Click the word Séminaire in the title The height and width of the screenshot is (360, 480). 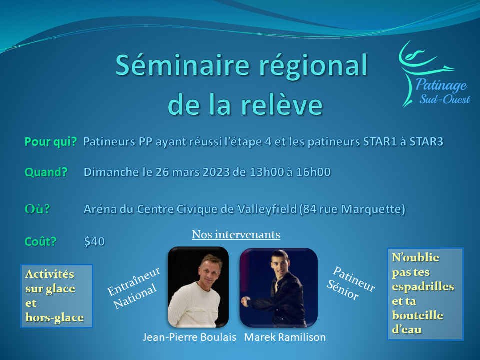(x=183, y=65)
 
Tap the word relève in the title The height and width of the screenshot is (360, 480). (x=282, y=104)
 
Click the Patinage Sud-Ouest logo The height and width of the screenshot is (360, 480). (x=434, y=74)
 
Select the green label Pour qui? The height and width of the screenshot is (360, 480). (x=51, y=142)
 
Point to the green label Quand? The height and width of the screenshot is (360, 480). (x=46, y=172)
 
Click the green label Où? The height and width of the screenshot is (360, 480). (x=37, y=209)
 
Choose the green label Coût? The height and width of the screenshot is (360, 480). (x=40, y=241)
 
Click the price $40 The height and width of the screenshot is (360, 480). (x=94, y=241)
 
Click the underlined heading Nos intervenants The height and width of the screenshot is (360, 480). (x=236, y=234)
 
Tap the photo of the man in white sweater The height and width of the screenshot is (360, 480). (x=198, y=287)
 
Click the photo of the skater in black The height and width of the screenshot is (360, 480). (x=278, y=288)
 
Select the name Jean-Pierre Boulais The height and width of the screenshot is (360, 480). (x=189, y=337)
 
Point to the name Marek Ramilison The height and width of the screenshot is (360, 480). (x=285, y=337)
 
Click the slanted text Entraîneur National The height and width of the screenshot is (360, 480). (x=134, y=288)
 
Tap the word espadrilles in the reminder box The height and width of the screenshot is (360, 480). (x=423, y=287)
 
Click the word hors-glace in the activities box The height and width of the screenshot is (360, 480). (x=55, y=318)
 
